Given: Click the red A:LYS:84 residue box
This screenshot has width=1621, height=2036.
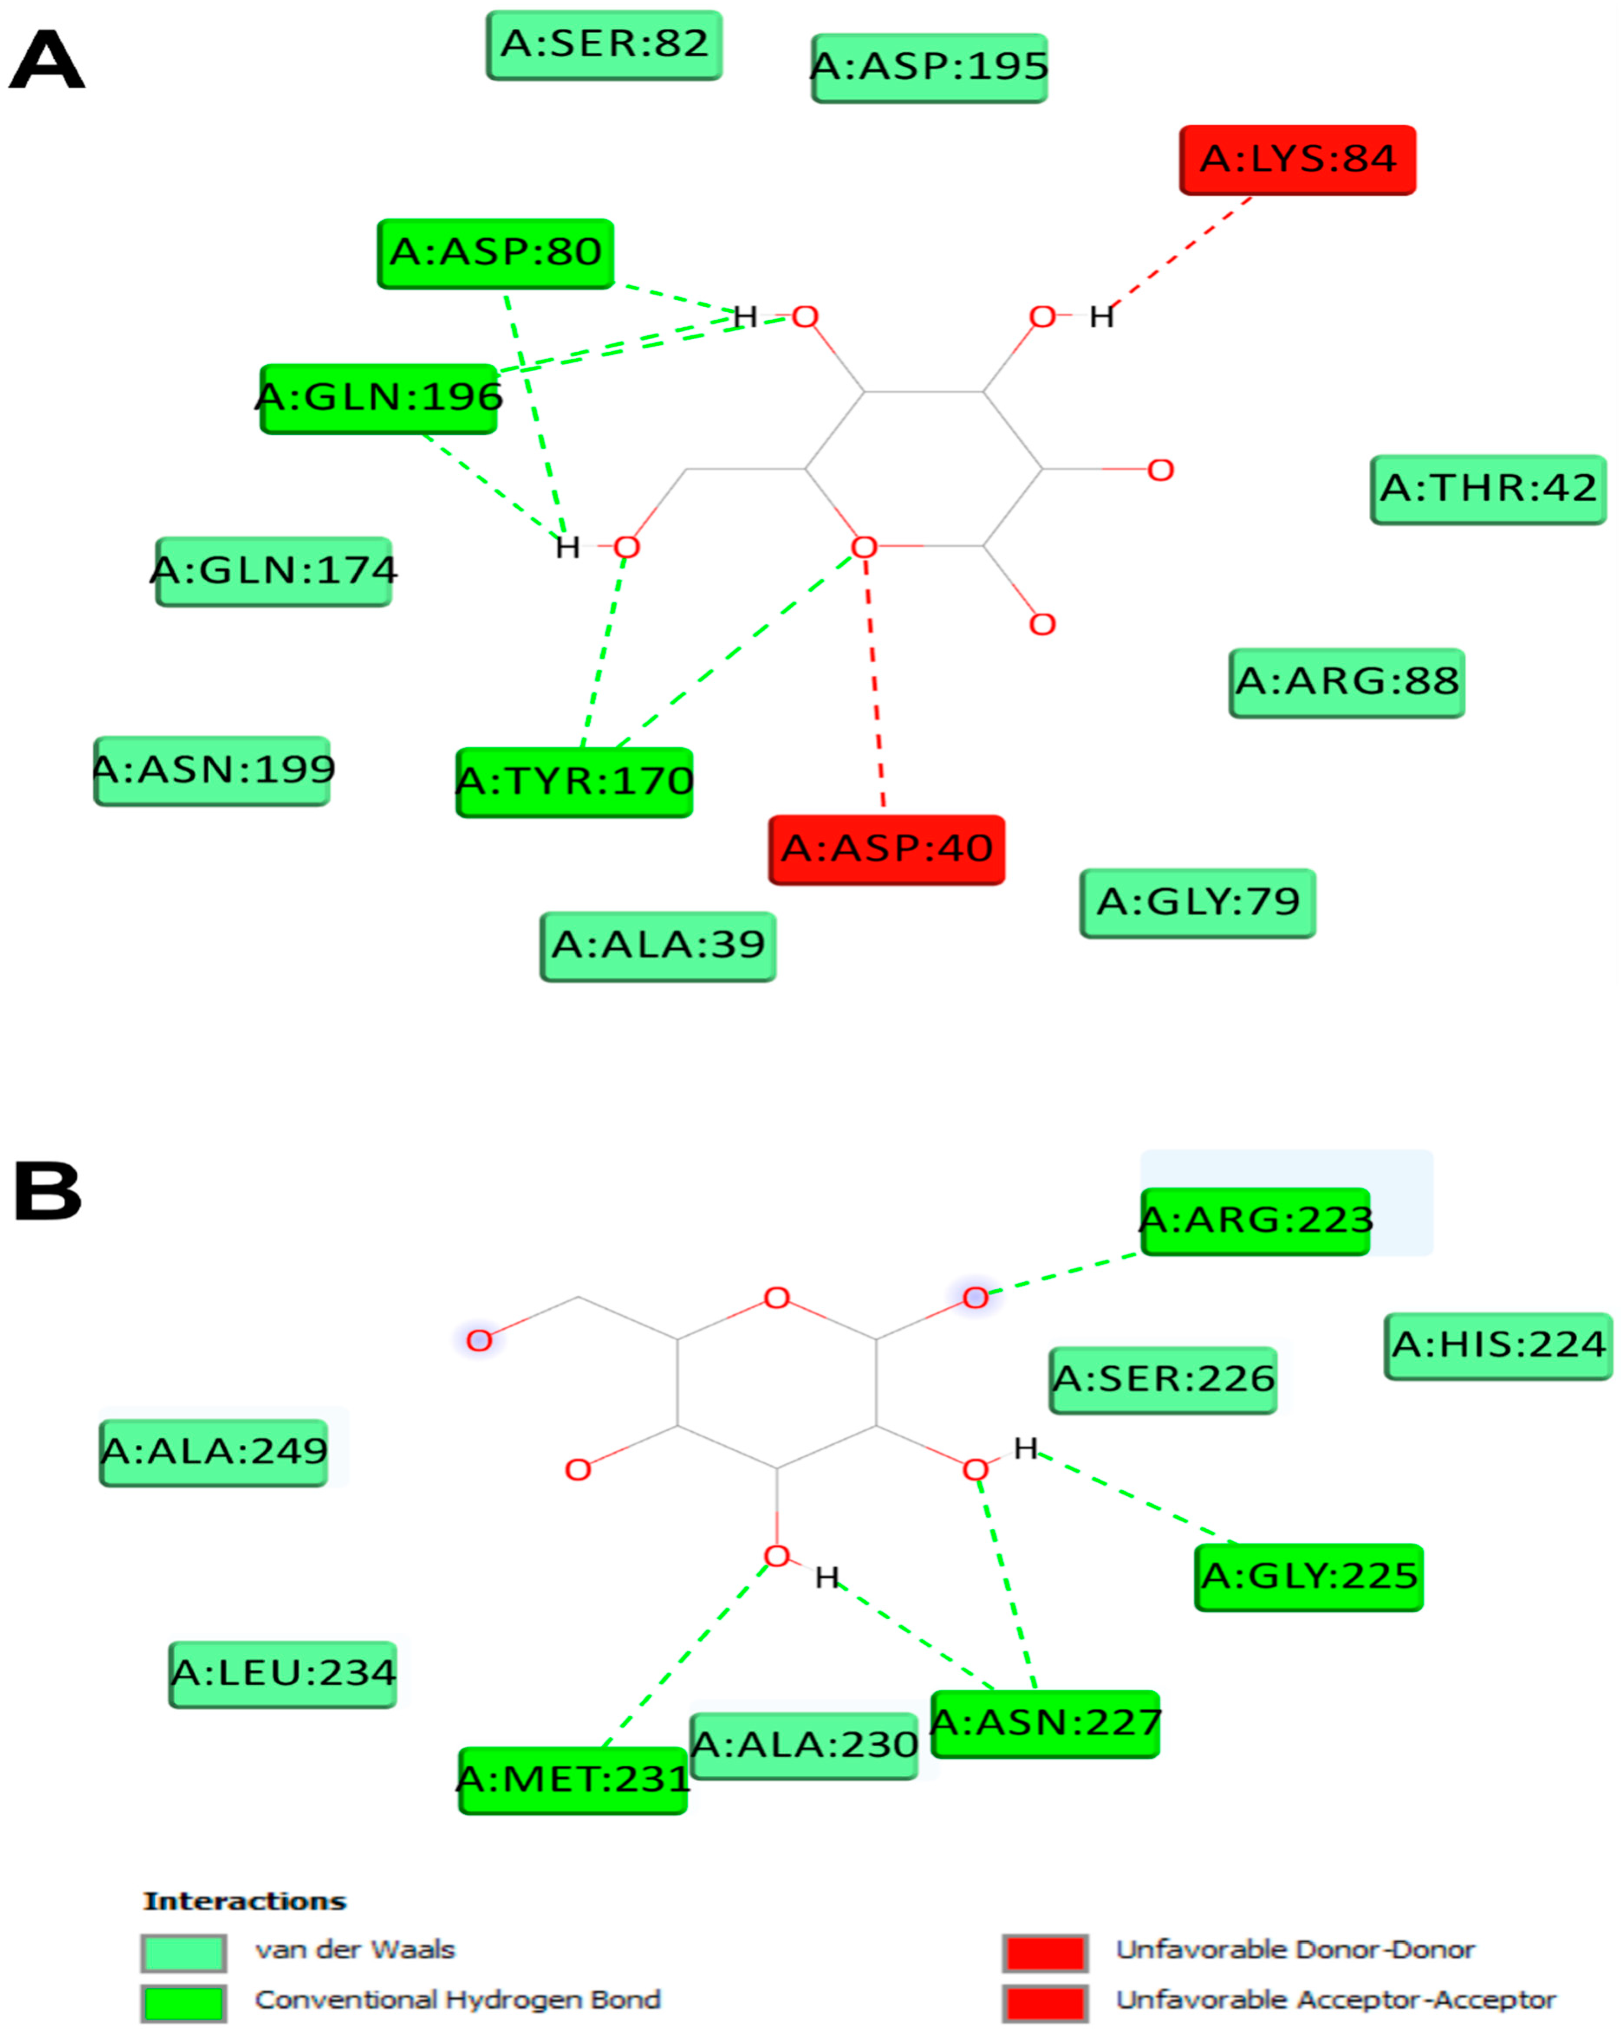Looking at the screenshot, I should pos(1297,159).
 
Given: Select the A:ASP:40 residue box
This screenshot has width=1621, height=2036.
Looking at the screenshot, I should pos(886,849).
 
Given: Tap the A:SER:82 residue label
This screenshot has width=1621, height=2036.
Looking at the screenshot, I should pos(604,44).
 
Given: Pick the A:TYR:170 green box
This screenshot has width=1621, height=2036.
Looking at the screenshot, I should pos(574,782).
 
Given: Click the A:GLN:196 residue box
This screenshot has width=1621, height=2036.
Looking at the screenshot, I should pos(379,399).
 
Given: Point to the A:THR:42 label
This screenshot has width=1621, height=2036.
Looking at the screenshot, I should pos(1488,489).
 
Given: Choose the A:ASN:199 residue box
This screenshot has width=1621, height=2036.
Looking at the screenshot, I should pos(213,771).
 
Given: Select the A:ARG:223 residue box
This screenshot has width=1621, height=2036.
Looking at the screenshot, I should pos(1255,1221).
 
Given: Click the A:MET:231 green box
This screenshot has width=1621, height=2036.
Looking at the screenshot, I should pos(572,1780).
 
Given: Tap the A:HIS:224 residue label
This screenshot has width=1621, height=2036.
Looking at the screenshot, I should pos(1498,1345).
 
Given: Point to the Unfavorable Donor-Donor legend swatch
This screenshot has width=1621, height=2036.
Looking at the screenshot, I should pos(1045,1952).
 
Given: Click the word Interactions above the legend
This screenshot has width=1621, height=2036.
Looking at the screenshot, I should pos(245,1901).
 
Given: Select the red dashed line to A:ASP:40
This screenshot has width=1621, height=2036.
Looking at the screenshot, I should pos(875,680).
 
